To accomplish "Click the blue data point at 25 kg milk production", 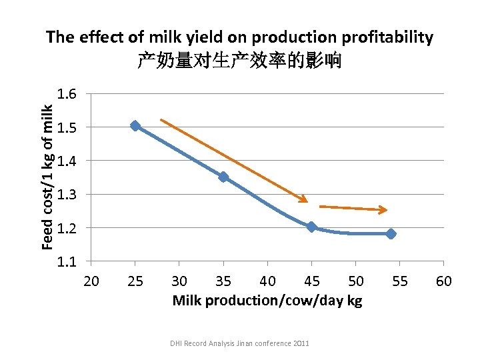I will coord(135,126).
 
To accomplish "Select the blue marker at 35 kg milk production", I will coord(223,177).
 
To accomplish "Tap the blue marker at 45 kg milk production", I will coord(311,227).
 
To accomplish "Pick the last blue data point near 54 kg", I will coord(391,234).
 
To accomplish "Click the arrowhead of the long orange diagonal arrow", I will coord(304,199).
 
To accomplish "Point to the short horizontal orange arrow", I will coord(353,209).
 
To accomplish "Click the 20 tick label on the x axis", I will coord(91,281).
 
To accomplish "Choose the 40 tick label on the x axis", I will coord(267,281).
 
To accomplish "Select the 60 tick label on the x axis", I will coord(444,281).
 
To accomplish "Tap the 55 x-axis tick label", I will coord(399,281).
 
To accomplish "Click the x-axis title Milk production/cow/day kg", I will coord(267,301).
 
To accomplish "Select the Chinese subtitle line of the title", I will coord(239,61).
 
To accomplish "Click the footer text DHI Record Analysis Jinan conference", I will coord(239,343).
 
